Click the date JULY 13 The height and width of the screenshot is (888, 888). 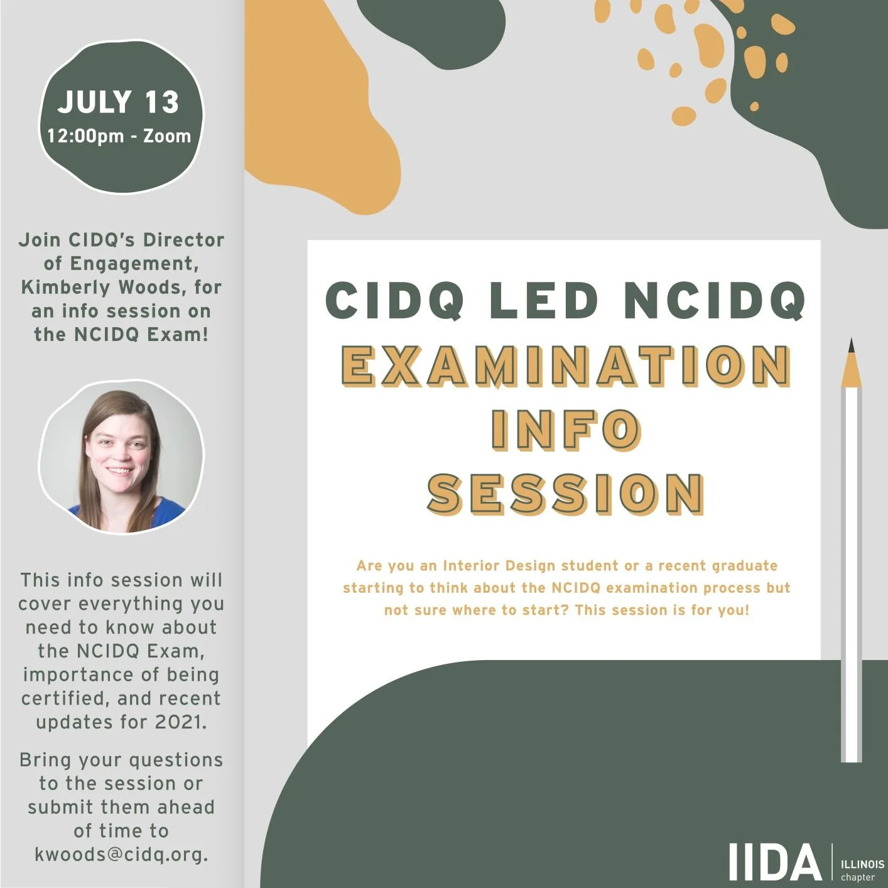point(119,102)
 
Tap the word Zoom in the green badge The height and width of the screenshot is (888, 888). point(167,136)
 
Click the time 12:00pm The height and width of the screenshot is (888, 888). point(85,136)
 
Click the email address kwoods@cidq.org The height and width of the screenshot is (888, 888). point(121,855)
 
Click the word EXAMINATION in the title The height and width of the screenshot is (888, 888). point(565,366)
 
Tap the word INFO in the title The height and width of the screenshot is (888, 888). point(565,430)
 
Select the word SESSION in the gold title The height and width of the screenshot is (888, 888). point(565,494)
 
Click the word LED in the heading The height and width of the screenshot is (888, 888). point(544,300)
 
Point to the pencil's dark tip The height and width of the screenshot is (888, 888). point(851,345)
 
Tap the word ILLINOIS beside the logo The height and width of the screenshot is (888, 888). point(862,865)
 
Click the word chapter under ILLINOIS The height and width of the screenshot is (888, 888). point(857,877)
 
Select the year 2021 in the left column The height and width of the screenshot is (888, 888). point(180,722)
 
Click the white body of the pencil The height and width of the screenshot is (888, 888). point(852,565)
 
